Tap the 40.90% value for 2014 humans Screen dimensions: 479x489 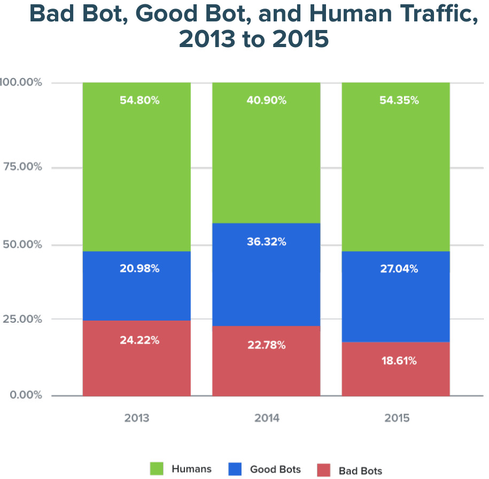click(267, 100)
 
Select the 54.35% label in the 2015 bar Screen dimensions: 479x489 click(396, 100)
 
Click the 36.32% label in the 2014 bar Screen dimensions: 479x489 click(267, 242)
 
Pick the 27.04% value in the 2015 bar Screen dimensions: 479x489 click(396, 269)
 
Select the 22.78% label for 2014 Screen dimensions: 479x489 click(267, 345)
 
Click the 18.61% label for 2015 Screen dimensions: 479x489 click(396, 361)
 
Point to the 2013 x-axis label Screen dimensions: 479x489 click(137, 418)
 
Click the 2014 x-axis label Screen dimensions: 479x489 click(267, 418)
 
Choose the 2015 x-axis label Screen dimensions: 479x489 click(396, 418)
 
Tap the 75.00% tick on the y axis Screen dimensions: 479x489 click(23, 166)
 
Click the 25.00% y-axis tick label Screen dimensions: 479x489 click(23, 319)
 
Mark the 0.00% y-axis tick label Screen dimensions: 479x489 click(26, 395)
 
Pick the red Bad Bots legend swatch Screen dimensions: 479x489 click(324, 470)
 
